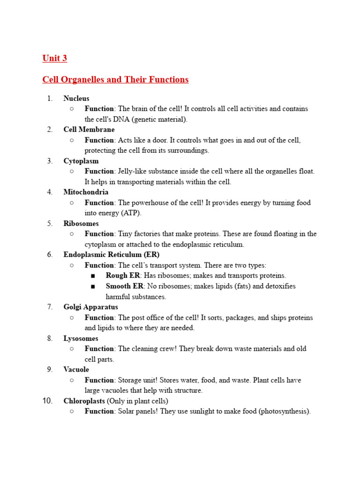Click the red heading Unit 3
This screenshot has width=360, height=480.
(x=55, y=58)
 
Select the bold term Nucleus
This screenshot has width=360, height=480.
(x=76, y=98)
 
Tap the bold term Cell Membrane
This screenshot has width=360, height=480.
(x=89, y=129)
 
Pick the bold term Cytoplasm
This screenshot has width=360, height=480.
(x=81, y=161)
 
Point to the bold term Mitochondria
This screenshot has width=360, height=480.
(x=86, y=192)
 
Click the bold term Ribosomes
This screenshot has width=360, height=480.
(x=81, y=224)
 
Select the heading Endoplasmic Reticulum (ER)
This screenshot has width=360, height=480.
(x=112, y=255)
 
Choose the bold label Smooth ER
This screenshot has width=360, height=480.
(x=125, y=286)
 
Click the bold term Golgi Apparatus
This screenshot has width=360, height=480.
(x=91, y=307)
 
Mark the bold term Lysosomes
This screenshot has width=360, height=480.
(x=81, y=338)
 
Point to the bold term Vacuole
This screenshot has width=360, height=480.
(x=76, y=369)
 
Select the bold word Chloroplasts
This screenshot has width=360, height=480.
(x=84, y=401)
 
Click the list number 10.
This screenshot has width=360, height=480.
(x=49, y=401)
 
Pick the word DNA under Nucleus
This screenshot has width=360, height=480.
(x=120, y=119)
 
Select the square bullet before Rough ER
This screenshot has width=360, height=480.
(x=93, y=276)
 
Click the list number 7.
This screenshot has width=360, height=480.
(x=50, y=307)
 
